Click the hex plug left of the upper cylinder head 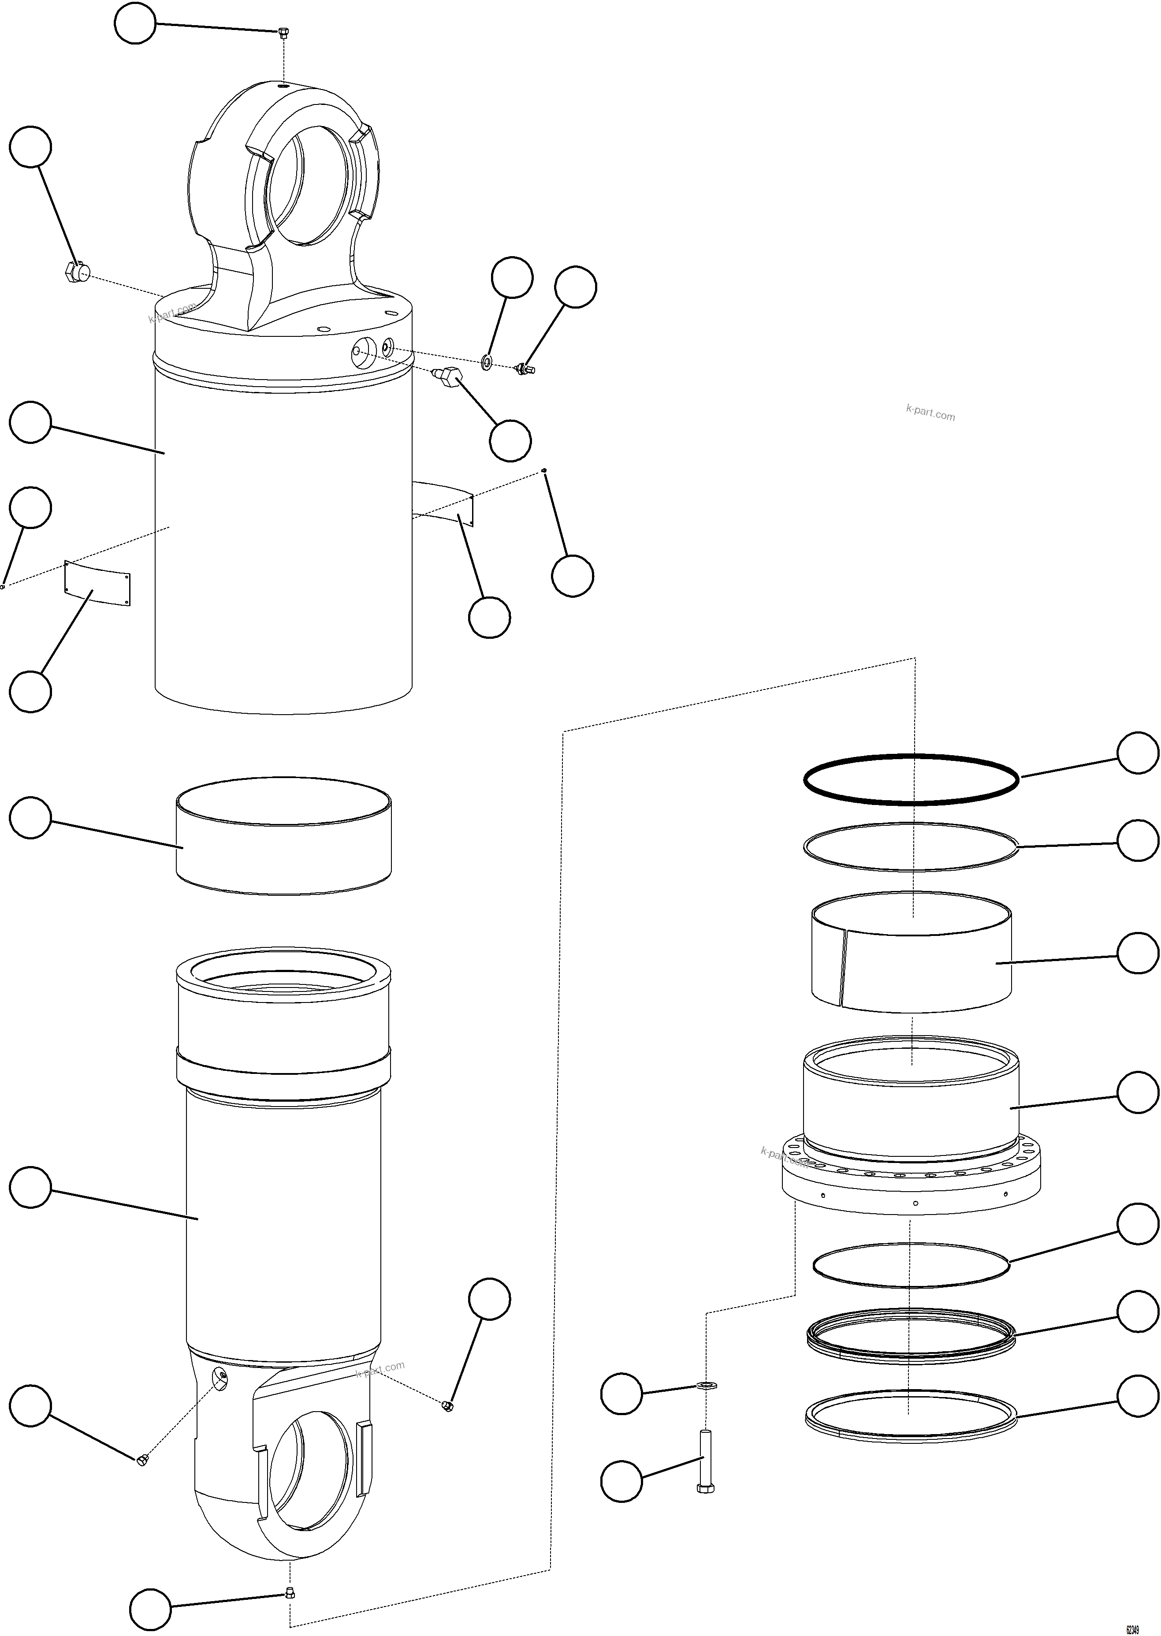pos(76,272)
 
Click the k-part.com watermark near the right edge pos(929,413)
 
